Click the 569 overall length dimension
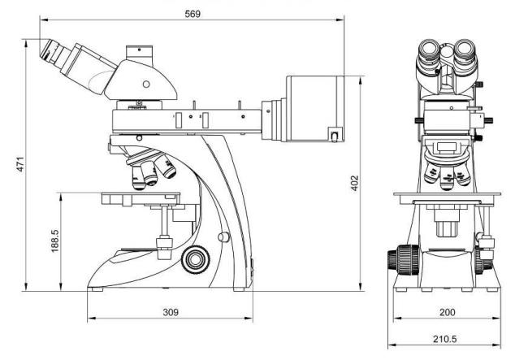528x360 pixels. click(193, 14)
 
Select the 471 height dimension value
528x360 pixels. click(20, 164)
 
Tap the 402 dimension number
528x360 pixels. click(355, 183)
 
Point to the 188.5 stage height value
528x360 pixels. click(54, 241)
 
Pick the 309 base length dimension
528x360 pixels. click(171, 312)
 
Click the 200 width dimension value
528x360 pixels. click(448, 312)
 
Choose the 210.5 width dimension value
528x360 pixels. click(445, 339)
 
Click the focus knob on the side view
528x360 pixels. click(195, 259)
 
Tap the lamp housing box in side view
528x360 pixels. click(315, 108)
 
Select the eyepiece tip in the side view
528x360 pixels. click(46, 50)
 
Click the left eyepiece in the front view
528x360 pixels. click(429, 50)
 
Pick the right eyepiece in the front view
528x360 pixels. click(465, 50)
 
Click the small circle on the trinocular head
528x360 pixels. click(146, 84)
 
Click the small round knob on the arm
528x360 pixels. click(223, 237)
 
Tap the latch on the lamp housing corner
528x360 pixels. click(334, 135)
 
